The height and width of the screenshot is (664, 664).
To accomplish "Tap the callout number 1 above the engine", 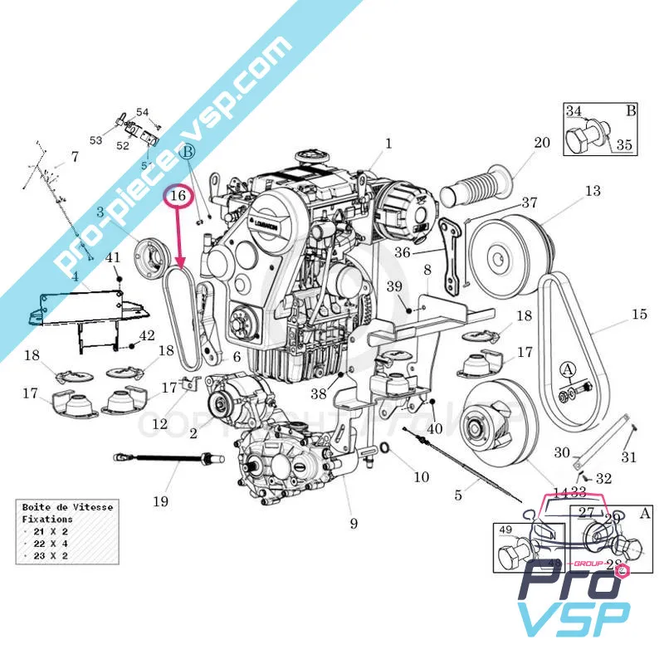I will pyautogui.click(x=388, y=144).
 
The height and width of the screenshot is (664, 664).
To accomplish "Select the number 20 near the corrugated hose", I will pyautogui.click(x=541, y=143).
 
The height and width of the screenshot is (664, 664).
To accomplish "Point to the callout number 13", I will pyautogui.click(x=592, y=192).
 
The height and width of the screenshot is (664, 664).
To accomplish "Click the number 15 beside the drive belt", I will pyautogui.click(x=638, y=314).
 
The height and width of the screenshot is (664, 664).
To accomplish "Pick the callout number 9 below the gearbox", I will pyautogui.click(x=354, y=523).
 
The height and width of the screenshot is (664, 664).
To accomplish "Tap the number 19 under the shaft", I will pyautogui.click(x=160, y=500).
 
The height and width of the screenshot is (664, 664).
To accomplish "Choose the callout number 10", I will pyautogui.click(x=422, y=476).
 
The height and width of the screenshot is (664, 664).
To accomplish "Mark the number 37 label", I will pyautogui.click(x=530, y=203).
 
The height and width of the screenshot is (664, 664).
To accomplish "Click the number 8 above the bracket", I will pyautogui.click(x=427, y=270).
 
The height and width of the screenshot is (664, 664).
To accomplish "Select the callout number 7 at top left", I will pyautogui.click(x=74, y=156).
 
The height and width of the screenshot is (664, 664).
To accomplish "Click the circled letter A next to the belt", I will pyautogui.click(x=568, y=369).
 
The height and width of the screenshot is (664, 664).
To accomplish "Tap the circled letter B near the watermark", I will pyautogui.click(x=188, y=152).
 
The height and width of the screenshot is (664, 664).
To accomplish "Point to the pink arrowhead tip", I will pyautogui.click(x=183, y=269).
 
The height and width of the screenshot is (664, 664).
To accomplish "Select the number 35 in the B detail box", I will pyautogui.click(x=623, y=144).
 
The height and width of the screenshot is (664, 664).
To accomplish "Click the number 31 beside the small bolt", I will pyautogui.click(x=628, y=456).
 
